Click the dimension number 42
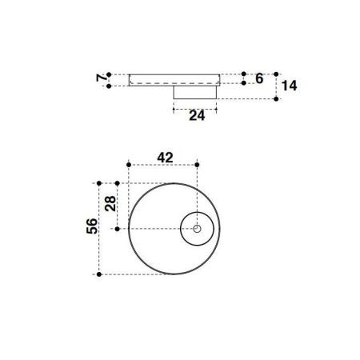pos(166,158)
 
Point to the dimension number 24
pos(197,115)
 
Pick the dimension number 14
pos(290,86)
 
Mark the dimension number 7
pos(100,78)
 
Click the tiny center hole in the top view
pos(197,229)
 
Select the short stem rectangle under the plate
pos(197,93)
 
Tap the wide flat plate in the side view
pos(174,79)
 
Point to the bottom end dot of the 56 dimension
pos(99,274)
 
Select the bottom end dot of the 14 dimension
pos(276,99)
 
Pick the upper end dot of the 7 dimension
pos(110,73)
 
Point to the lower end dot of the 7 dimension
pos(110,85)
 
